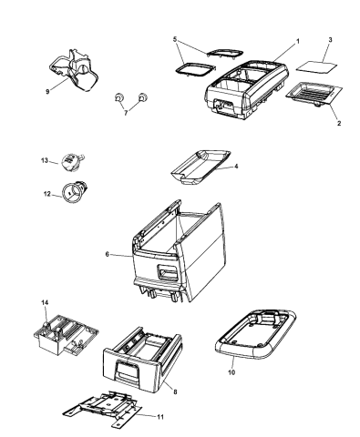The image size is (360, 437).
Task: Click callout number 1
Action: click(298, 41)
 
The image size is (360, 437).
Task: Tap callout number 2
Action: click(339, 123)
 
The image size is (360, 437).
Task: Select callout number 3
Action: click(330, 40)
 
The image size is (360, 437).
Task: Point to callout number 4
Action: click(236, 166)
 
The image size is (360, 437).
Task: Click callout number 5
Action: click(175, 39)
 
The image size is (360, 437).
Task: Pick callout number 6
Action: click(107, 254)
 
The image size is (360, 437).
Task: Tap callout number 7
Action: click(126, 113)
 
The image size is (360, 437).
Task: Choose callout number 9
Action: click(47, 91)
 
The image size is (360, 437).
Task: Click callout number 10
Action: click(231, 372)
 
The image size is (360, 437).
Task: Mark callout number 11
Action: click(160, 417)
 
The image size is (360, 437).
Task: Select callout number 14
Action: click(45, 302)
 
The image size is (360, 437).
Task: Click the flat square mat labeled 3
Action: click(316, 67)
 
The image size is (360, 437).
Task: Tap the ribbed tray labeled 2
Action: click(314, 94)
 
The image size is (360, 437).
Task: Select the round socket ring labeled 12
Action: click(74, 191)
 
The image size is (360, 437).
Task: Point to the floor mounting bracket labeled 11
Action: click(103, 408)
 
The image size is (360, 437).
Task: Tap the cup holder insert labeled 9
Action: click(74, 70)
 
